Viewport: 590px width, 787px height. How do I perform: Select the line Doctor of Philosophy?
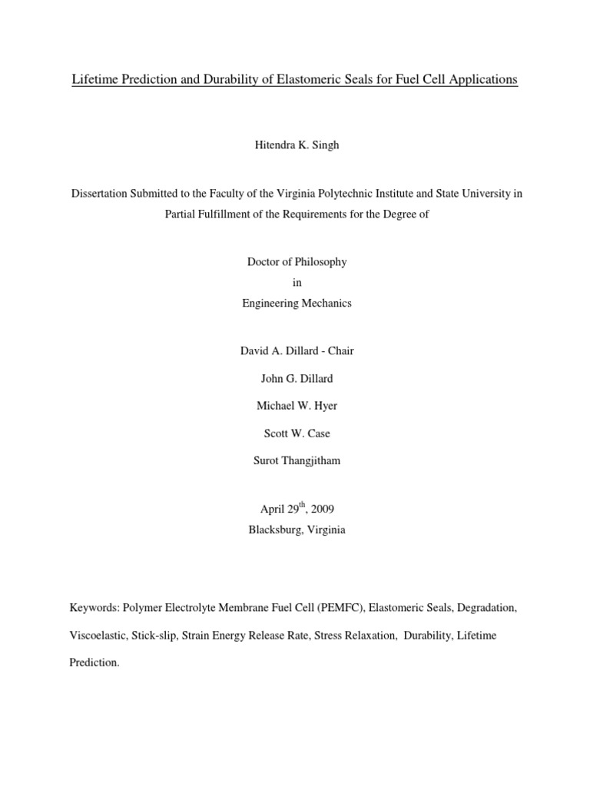pyautogui.click(x=297, y=262)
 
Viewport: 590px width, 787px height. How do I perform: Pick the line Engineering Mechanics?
pyautogui.click(x=297, y=304)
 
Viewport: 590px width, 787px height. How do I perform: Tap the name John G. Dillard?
pyautogui.click(x=297, y=379)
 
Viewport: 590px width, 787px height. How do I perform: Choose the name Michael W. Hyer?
pyautogui.click(x=297, y=407)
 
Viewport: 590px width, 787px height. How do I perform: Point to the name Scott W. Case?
pyautogui.click(x=297, y=434)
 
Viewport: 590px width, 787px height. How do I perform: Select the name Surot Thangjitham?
pyautogui.click(x=297, y=462)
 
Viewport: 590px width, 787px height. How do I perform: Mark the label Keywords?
pyautogui.click(x=94, y=608)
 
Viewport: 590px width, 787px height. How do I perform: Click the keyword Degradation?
pyautogui.click(x=487, y=608)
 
